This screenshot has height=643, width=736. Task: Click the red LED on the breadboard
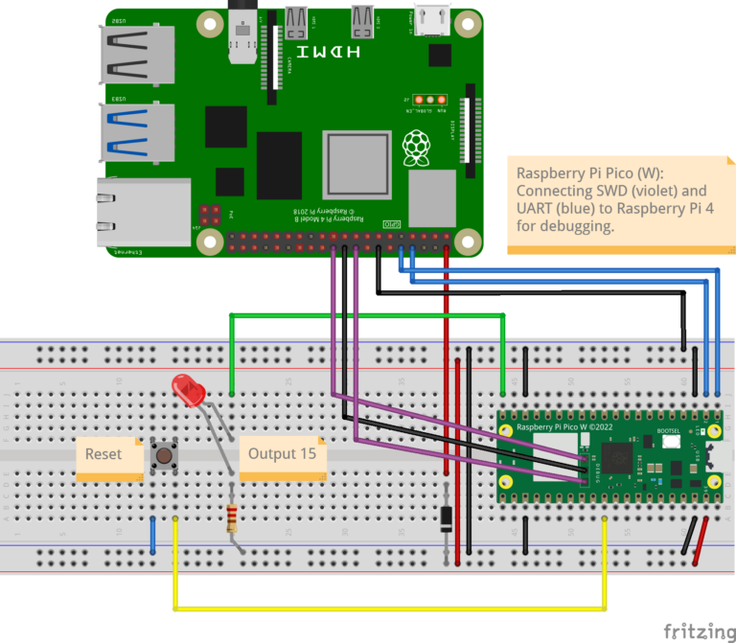click(189, 392)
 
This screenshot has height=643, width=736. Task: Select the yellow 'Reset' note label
click(103, 454)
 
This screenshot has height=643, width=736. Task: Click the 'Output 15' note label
click(282, 453)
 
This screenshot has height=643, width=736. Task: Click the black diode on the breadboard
click(446, 517)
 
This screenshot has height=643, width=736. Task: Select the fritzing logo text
click(694, 630)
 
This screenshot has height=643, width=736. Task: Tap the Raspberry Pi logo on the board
click(415, 149)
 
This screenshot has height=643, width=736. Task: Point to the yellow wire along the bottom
click(383, 608)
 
